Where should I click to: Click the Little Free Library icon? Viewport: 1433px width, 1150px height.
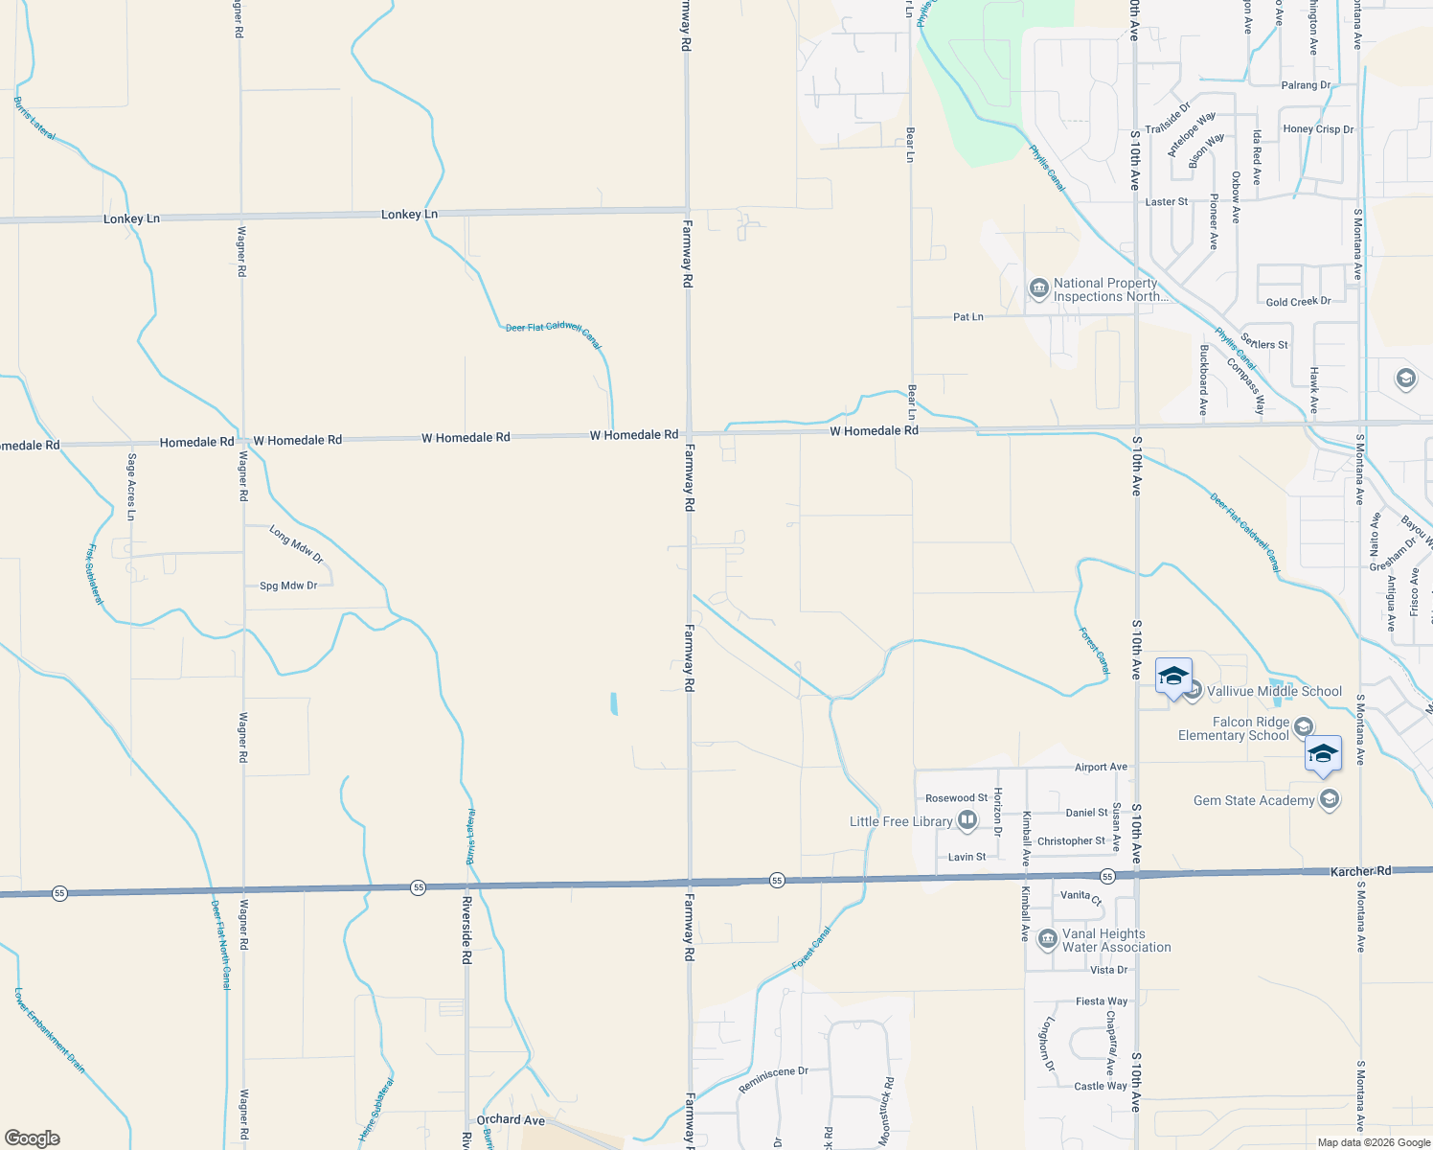pyautogui.click(x=967, y=820)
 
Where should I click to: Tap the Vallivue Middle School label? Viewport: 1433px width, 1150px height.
pyautogui.click(x=1274, y=691)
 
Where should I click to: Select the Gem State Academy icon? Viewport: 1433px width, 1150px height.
pyautogui.click(x=1329, y=799)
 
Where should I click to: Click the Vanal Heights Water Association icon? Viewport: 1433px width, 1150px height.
pyautogui.click(x=1047, y=938)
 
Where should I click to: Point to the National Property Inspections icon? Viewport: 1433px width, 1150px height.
pyautogui.click(x=1038, y=287)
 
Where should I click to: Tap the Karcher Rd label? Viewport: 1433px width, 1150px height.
pyautogui.click(x=1360, y=871)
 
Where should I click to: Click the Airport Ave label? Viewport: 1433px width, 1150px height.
pyautogui.click(x=1101, y=767)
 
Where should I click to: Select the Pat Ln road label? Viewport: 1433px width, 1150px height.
pyautogui.click(x=967, y=316)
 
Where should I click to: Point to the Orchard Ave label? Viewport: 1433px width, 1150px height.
pyautogui.click(x=511, y=1119)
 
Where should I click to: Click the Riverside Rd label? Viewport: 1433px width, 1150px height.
pyautogui.click(x=466, y=930)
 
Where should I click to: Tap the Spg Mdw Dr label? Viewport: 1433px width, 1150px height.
pyautogui.click(x=288, y=586)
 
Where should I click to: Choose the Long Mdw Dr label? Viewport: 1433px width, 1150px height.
pyautogui.click(x=296, y=544)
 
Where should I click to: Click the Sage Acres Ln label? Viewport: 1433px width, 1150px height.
pyautogui.click(x=131, y=487)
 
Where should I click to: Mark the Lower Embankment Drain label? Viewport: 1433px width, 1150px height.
pyautogui.click(x=50, y=1031)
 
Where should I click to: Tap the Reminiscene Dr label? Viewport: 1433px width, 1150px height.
pyautogui.click(x=773, y=1080)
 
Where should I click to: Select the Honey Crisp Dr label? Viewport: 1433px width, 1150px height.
pyautogui.click(x=1318, y=129)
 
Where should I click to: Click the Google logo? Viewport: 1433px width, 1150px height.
pyautogui.click(x=33, y=1138)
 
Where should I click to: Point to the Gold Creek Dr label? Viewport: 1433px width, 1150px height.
pyautogui.click(x=1298, y=302)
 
